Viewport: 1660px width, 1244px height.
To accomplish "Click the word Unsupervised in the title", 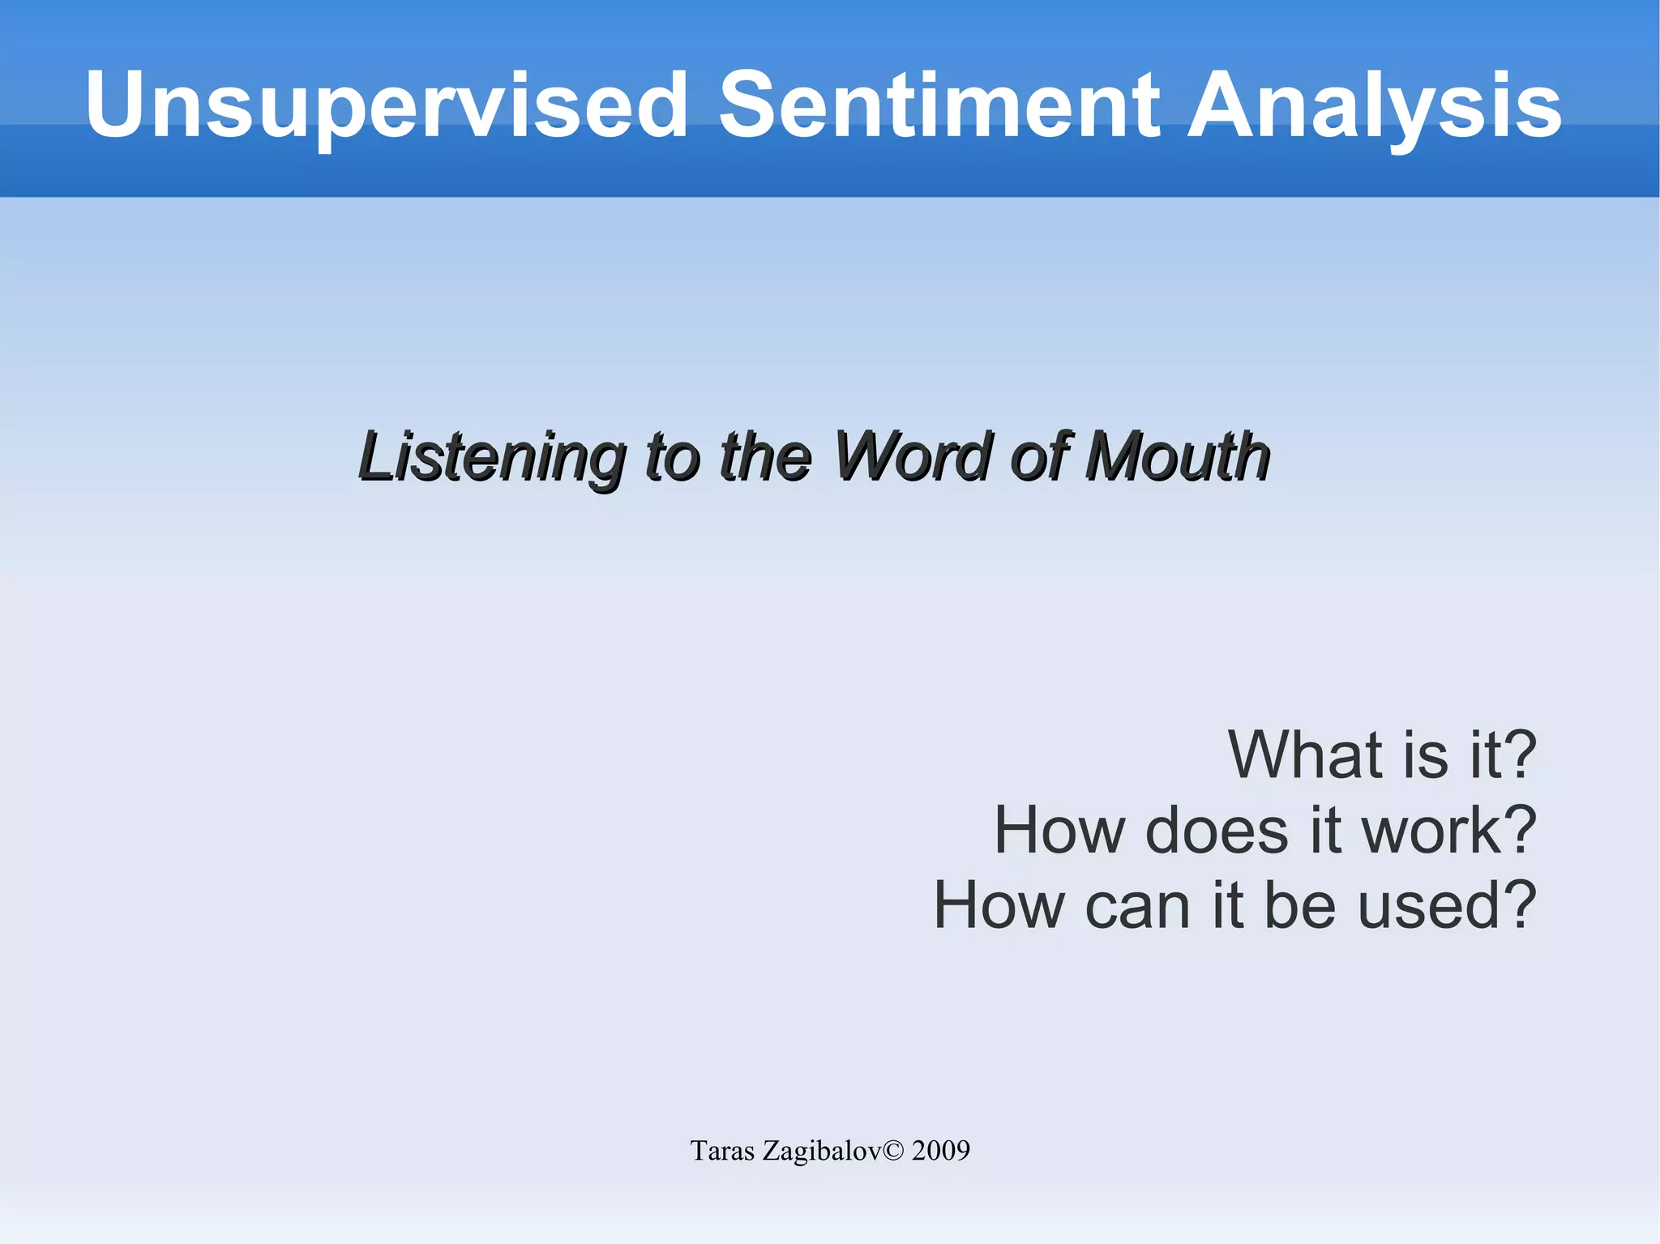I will point(387,105).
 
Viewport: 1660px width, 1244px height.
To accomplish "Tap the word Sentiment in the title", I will point(940,105).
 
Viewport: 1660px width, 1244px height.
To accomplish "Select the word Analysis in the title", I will point(1374,105).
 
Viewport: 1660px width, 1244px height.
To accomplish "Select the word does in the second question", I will point(1217,831).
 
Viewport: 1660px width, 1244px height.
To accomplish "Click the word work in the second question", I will point(1431,831).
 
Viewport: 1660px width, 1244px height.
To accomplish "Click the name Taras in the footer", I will point(722,1151).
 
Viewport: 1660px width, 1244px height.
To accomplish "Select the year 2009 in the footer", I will point(940,1151).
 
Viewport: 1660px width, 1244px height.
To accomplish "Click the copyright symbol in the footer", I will point(892,1151).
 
